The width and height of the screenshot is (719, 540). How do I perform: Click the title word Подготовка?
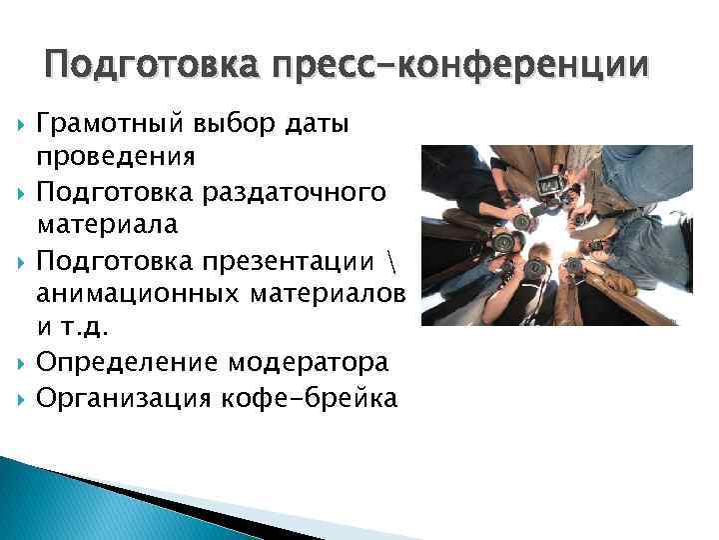point(149,66)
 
